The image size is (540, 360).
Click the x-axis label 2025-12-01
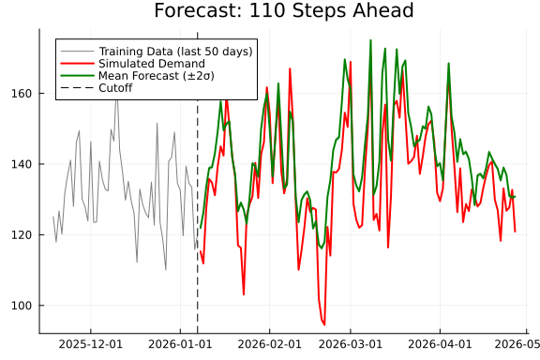pos(91,345)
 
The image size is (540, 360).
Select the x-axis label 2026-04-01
pos(442,345)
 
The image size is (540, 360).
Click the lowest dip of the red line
pos(324,324)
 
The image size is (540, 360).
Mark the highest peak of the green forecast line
pos(370,40)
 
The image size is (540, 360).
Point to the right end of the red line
pos(515,232)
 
